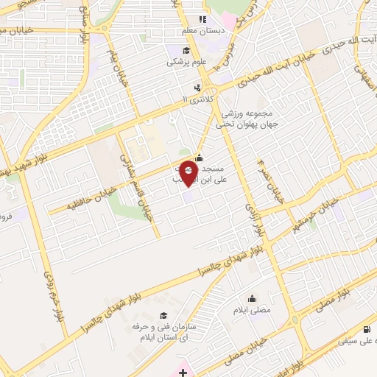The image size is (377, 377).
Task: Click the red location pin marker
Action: pyautogui.click(x=188, y=172)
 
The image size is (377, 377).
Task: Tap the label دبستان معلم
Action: pyautogui.click(x=209, y=32)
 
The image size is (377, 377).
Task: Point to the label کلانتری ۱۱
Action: pyautogui.click(x=196, y=99)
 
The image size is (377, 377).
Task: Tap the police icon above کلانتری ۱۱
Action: pyautogui.click(x=197, y=87)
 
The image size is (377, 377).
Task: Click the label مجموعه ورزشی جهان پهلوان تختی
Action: pyautogui.click(x=245, y=119)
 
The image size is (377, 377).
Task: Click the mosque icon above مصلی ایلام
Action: pyautogui.click(x=253, y=298)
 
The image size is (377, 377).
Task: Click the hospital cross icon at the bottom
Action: pyautogui.click(x=183, y=373)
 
